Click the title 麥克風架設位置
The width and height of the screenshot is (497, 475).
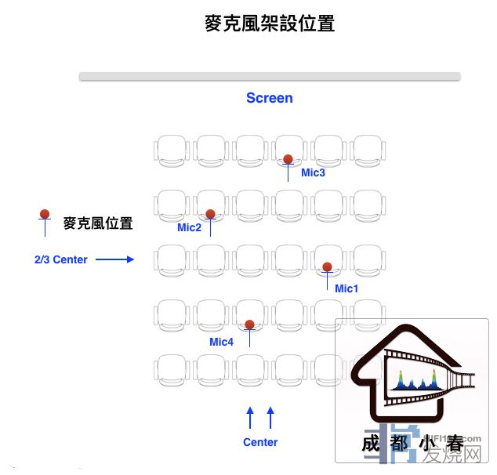click(x=269, y=24)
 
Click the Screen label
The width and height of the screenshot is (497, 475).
click(x=269, y=98)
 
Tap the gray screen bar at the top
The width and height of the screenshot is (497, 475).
click(x=269, y=76)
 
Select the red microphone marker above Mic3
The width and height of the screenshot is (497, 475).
click(x=288, y=159)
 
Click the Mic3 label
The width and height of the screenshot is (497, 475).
click(x=313, y=172)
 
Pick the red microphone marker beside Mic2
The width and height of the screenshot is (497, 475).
click(x=210, y=214)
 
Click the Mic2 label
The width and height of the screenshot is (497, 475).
click(x=189, y=228)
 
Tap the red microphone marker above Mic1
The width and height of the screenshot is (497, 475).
click(x=327, y=267)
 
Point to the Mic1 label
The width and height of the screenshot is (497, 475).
click(x=346, y=288)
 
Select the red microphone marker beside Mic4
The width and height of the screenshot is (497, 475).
click(x=249, y=325)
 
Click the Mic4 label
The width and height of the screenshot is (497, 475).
click(x=221, y=342)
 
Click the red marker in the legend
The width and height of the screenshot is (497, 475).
click(x=45, y=214)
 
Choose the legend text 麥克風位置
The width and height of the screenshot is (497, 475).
click(x=98, y=223)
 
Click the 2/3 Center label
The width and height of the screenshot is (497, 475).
click(x=60, y=259)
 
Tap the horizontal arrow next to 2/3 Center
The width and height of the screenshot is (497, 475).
click(x=115, y=259)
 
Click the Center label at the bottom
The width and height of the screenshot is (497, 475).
click(x=260, y=442)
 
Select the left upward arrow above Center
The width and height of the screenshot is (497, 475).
click(x=250, y=417)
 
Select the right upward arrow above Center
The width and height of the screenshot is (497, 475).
click(x=270, y=417)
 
